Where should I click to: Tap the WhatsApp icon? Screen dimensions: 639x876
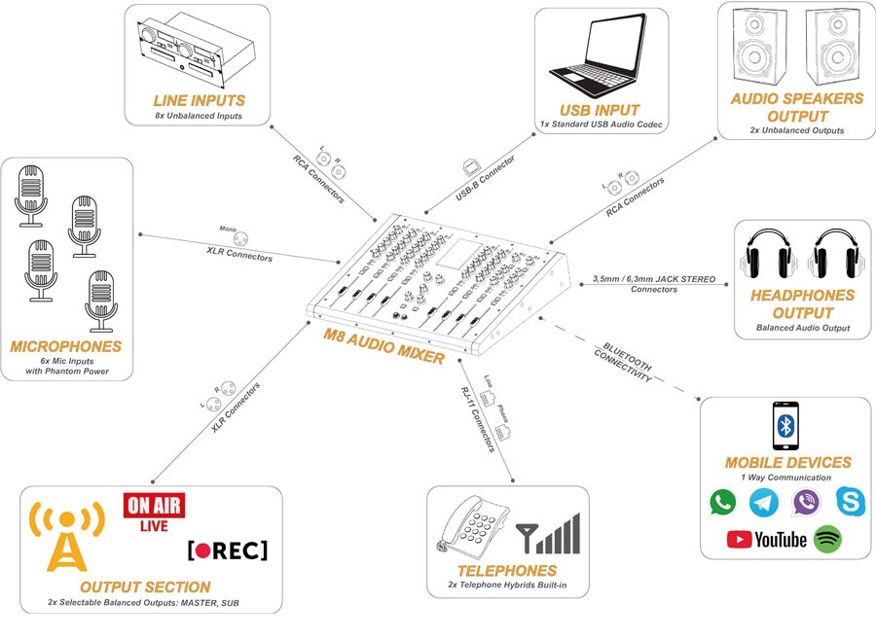(723, 502)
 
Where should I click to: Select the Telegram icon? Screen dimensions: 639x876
(764, 502)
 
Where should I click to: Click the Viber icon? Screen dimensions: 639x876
(806, 502)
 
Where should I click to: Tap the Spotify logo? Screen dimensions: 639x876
(828, 538)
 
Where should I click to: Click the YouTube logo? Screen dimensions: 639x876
(767, 539)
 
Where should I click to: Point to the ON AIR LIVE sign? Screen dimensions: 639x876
(151, 513)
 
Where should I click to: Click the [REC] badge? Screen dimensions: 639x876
(227, 550)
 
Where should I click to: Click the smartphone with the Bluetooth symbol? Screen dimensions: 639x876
(787, 426)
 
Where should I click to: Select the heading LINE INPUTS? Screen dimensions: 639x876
(199, 100)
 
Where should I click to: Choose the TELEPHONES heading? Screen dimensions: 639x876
(507, 571)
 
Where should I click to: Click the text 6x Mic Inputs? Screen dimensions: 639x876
(66, 361)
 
